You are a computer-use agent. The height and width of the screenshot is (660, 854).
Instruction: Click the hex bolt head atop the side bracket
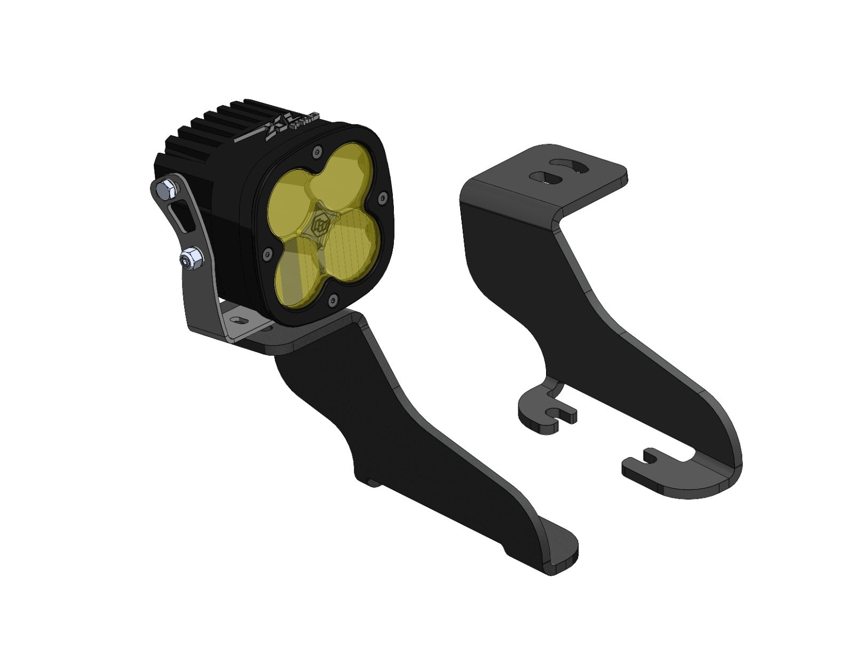pos(165,187)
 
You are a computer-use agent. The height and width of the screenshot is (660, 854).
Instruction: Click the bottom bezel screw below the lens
pos(334,300)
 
